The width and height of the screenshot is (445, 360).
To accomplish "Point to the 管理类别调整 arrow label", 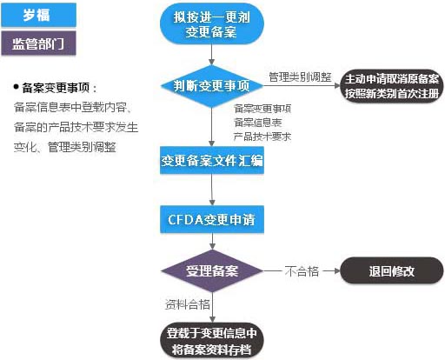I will pyautogui.click(x=300, y=77).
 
